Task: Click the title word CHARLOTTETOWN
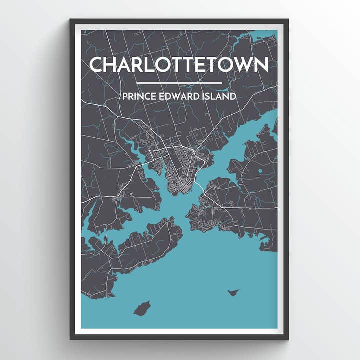(178, 64)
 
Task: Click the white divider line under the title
(178, 83)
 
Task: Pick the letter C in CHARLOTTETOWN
(97, 64)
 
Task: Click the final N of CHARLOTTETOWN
(260, 64)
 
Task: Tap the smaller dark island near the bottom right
(232, 292)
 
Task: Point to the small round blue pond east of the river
(260, 171)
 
